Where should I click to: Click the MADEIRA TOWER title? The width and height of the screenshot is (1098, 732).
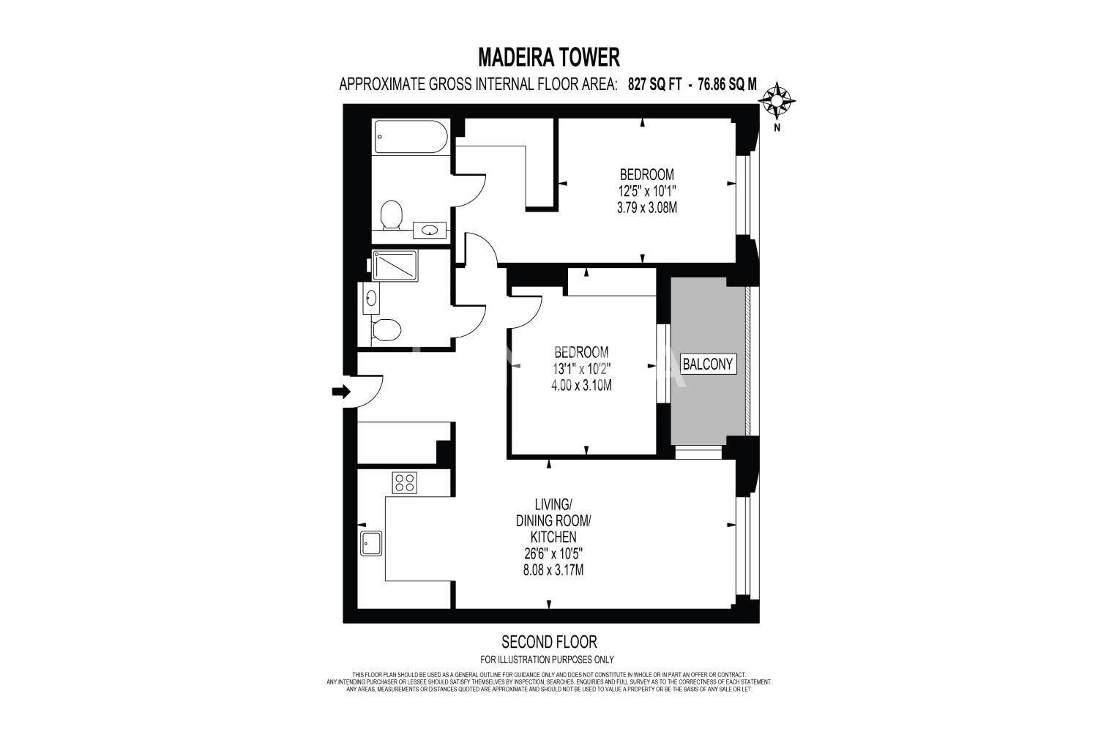[548, 57]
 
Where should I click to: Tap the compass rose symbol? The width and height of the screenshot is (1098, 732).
[777, 100]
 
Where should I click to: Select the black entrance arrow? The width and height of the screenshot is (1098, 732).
[341, 391]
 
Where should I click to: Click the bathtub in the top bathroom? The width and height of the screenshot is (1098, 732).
[411, 137]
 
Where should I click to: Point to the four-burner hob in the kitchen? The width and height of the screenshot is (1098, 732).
[404, 482]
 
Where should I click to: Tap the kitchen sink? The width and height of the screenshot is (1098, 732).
[371, 543]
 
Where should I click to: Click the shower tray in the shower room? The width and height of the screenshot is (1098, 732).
[395, 266]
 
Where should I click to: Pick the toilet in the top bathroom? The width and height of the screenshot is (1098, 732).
[391, 214]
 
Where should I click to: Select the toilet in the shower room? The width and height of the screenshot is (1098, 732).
[386, 329]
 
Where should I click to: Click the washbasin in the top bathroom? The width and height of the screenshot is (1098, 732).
[430, 230]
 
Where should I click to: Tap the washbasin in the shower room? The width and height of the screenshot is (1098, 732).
[371, 298]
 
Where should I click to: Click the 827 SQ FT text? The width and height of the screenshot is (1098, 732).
[655, 85]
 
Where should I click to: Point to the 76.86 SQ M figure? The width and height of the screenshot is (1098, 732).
[728, 85]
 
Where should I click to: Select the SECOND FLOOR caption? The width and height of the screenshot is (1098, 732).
[549, 642]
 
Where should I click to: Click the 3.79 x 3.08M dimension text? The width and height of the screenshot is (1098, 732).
[647, 208]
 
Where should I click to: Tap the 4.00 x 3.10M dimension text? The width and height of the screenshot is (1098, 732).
[581, 385]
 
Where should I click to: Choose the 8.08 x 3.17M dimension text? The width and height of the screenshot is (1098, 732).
[553, 570]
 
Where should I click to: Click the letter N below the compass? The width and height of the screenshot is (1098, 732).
[777, 128]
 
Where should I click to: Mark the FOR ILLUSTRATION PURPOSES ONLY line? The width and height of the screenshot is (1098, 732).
[547, 660]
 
